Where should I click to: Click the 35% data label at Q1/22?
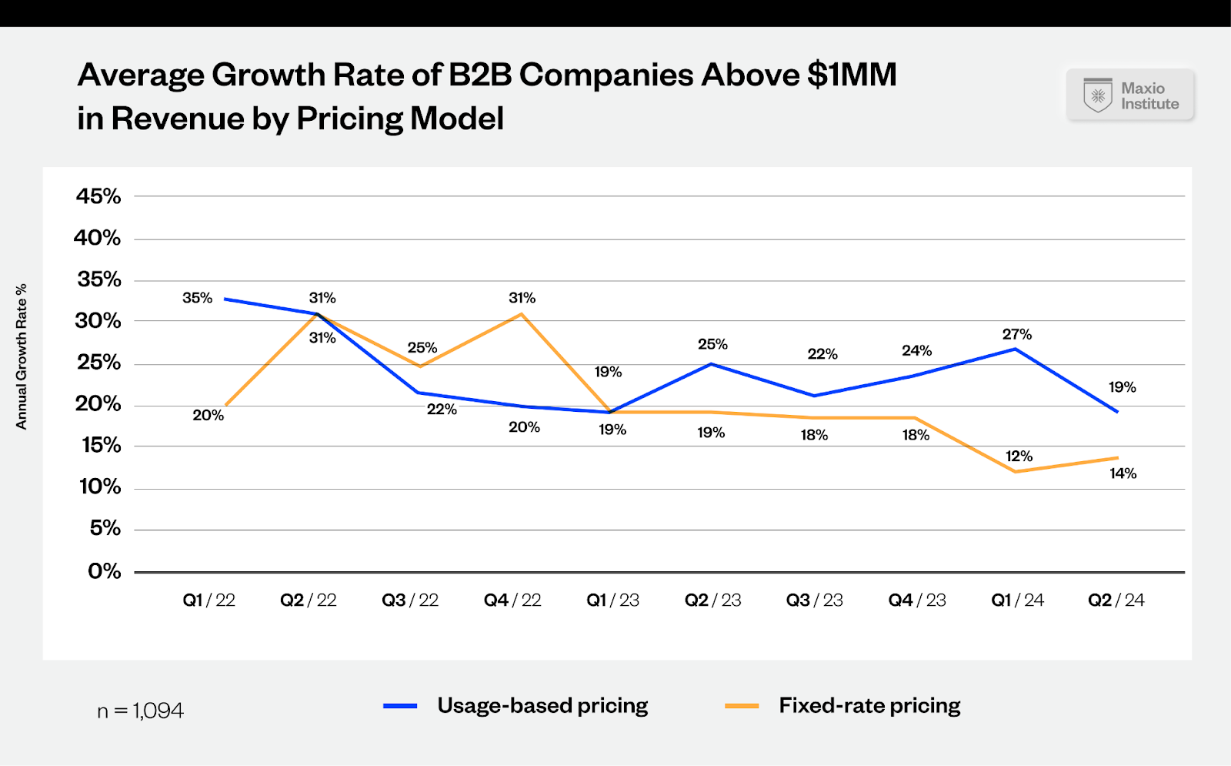click(197, 298)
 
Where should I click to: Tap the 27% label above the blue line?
click(1016, 334)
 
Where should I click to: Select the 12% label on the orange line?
click(1019, 457)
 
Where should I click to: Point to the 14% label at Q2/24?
click(1123, 473)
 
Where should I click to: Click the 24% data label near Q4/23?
click(916, 351)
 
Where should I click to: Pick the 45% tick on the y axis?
click(98, 196)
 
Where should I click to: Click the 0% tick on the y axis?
click(104, 571)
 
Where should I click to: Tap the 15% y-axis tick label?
click(101, 445)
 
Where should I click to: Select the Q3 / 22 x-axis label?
click(410, 600)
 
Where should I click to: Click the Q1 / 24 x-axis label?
click(1017, 600)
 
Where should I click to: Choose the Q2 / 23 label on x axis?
click(712, 600)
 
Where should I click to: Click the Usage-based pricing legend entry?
click(542, 705)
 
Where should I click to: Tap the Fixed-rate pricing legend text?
click(869, 705)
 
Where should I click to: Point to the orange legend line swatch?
click(742, 706)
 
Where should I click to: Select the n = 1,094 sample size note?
click(140, 711)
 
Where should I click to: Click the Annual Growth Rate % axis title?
click(22, 356)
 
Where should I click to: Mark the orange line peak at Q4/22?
click(522, 313)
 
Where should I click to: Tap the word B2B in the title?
click(480, 75)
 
